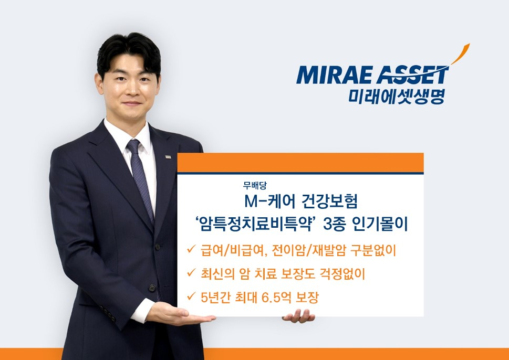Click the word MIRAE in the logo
334,75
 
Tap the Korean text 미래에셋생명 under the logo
397,96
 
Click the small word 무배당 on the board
254,186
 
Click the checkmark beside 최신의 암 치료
191,273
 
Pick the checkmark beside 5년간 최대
191,296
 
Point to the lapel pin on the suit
168,157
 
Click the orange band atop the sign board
300,163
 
